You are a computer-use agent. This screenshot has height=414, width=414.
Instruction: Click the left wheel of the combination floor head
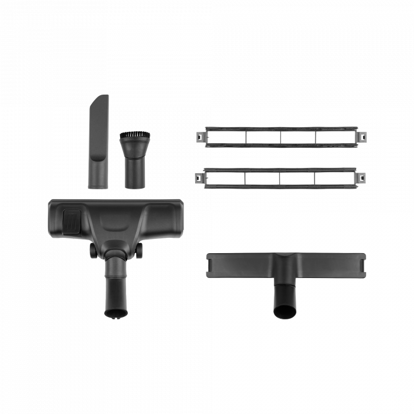click(93, 251)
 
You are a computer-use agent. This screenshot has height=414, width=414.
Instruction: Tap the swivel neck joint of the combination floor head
click(116, 254)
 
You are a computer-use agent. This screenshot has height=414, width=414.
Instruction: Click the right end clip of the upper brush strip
click(361, 136)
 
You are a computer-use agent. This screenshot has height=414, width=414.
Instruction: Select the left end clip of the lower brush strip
click(199, 177)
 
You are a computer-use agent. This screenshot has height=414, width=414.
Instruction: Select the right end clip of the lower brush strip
click(361, 176)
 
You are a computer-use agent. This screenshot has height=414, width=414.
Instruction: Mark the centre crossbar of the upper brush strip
click(280, 137)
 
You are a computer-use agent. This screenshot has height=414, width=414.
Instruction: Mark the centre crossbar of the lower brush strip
click(280, 177)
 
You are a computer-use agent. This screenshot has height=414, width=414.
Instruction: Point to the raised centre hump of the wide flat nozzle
click(286, 260)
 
